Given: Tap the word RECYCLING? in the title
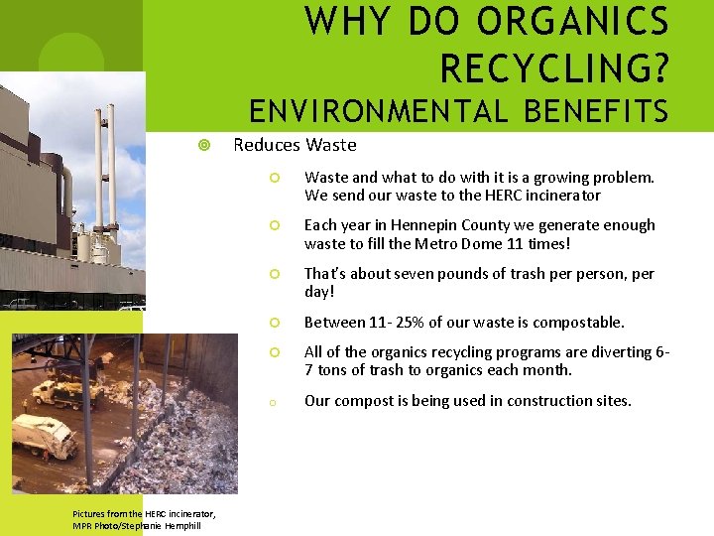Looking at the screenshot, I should click(x=554, y=67).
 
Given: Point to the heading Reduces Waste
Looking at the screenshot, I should click(x=294, y=145).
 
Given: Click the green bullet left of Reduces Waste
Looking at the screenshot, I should click(x=203, y=146).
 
